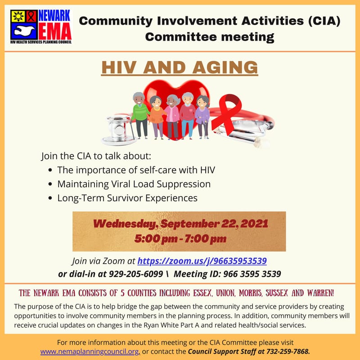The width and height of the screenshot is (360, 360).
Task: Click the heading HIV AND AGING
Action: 180,67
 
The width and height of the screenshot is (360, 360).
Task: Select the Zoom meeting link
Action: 202,261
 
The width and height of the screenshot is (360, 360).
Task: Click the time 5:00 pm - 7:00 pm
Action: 180,238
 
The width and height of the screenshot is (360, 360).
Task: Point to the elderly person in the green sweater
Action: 140,115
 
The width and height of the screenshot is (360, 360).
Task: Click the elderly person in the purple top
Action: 203,116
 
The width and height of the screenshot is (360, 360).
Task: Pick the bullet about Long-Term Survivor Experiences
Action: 127,198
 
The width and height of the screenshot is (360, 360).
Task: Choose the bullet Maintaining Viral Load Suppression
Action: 134,184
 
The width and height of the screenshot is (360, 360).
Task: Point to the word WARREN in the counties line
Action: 318,293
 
